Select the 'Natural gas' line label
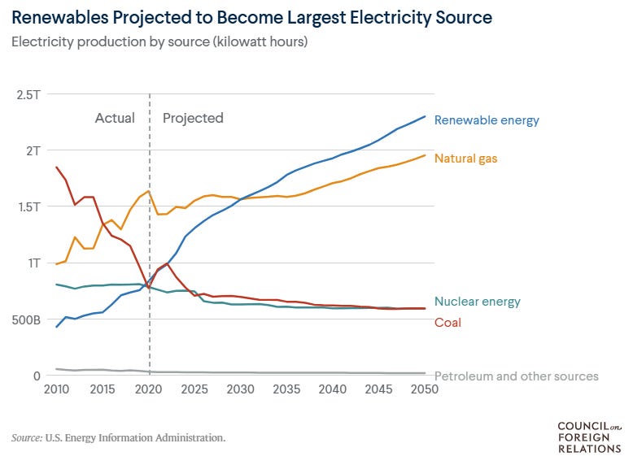pyautogui.click(x=465, y=159)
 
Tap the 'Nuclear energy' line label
pyautogui.click(x=478, y=302)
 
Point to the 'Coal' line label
pyautogui.click(x=447, y=323)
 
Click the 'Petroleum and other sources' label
pyautogui.click(x=517, y=376)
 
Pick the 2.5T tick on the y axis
pyautogui.click(x=28, y=94)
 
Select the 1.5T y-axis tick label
pyautogui.click(x=28, y=206)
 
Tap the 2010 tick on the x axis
pyautogui.click(x=56, y=389)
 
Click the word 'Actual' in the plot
pyautogui.click(x=115, y=118)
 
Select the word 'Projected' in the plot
pyautogui.click(x=193, y=118)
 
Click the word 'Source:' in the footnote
pyautogui.click(x=27, y=438)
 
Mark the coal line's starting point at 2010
pyautogui.click(x=56, y=167)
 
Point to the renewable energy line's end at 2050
pyautogui.click(x=425, y=116)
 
